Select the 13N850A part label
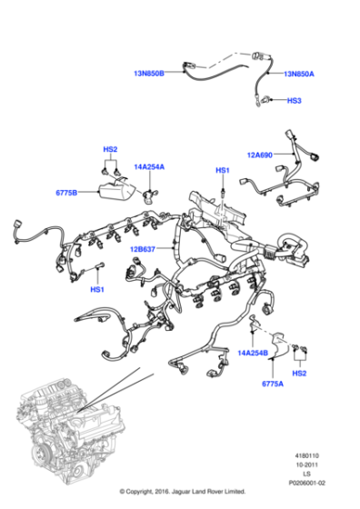pyautogui.click(x=299, y=73)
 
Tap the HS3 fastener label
pyautogui.click(x=294, y=102)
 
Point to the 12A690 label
pyautogui.click(x=259, y=155)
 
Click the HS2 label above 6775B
pyautogui.click(x=110, y=149)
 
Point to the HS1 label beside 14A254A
pyautogui.click(x=222, y=170)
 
